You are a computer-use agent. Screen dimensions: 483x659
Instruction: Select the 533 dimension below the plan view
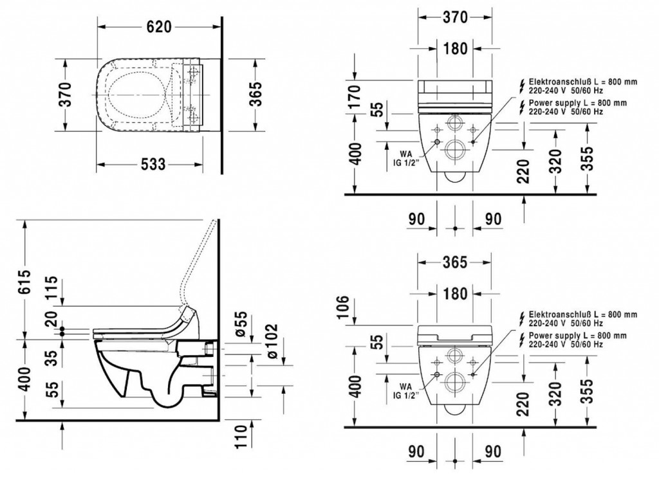[x=154, y=165]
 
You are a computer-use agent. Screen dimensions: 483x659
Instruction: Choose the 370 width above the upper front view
[x=456, y=18]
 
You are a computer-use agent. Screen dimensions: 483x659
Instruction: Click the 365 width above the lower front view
[x=456, y=262]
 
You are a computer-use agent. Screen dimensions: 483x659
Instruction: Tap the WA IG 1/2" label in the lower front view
[x=405, y=392]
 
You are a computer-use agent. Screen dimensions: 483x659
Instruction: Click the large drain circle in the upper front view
[x=456, y=149]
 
